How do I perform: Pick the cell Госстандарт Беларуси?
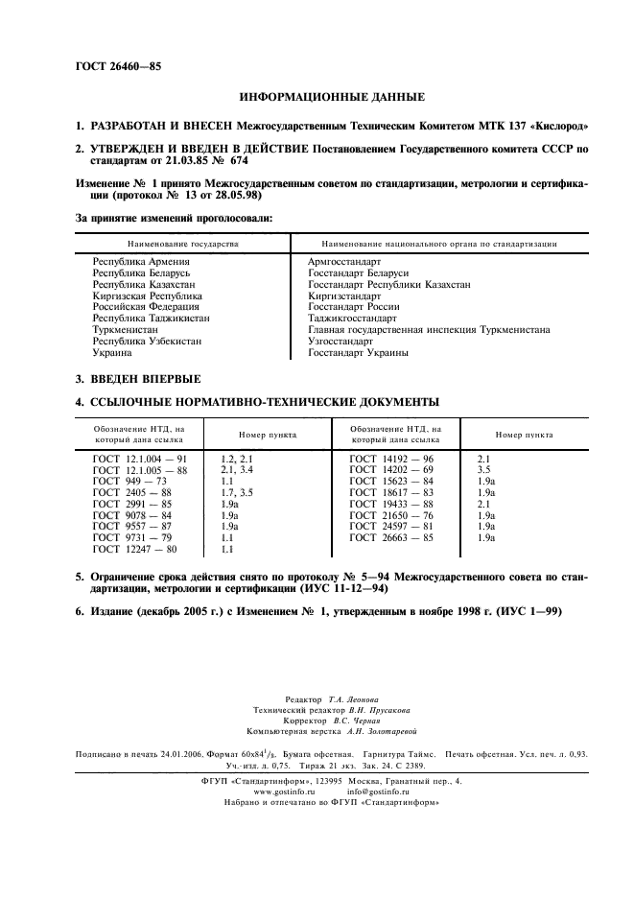(351, 273)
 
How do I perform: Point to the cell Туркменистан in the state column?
(125, 330)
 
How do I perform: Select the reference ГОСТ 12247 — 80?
(135, 549)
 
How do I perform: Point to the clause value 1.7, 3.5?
(237, 493)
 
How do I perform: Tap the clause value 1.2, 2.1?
(237, 461)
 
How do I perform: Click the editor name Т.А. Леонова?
(354, 699)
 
